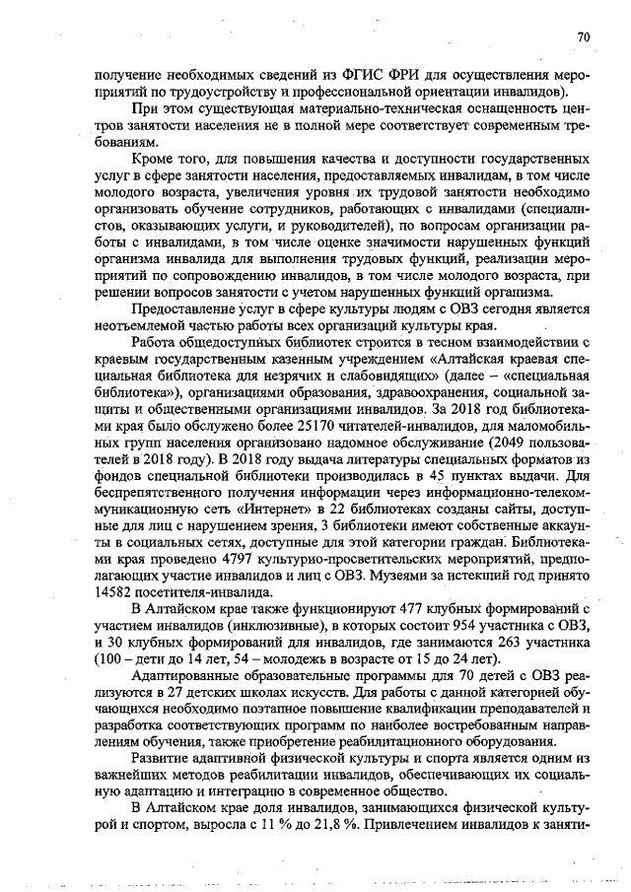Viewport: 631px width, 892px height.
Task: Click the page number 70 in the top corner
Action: click(x=583, y=37)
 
